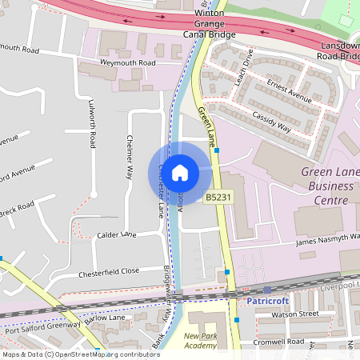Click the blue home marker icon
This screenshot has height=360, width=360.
pos(180,172)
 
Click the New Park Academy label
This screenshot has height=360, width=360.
pos(200,341)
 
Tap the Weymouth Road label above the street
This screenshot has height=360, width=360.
pos(127,62)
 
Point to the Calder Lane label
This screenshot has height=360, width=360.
pos(117,235)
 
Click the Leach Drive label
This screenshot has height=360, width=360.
pos(244,70)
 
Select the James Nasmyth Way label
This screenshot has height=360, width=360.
pos(328,239)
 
